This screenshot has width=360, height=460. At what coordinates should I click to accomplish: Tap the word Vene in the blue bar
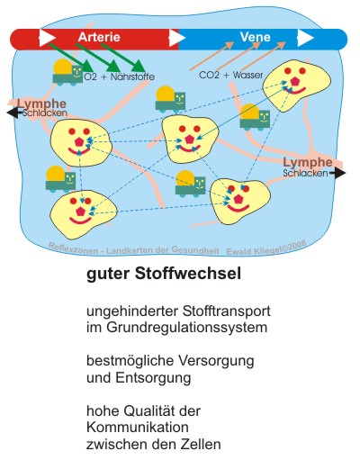(x=254, y=38)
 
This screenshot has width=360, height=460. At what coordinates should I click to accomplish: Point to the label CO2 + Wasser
(x=229, y=75)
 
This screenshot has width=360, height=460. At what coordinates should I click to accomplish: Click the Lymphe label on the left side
(x=36, y=104)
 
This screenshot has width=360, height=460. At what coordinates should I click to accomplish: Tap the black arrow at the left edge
(x=11, y=113)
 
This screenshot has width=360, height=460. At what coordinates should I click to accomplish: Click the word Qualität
(x=145, y=410)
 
